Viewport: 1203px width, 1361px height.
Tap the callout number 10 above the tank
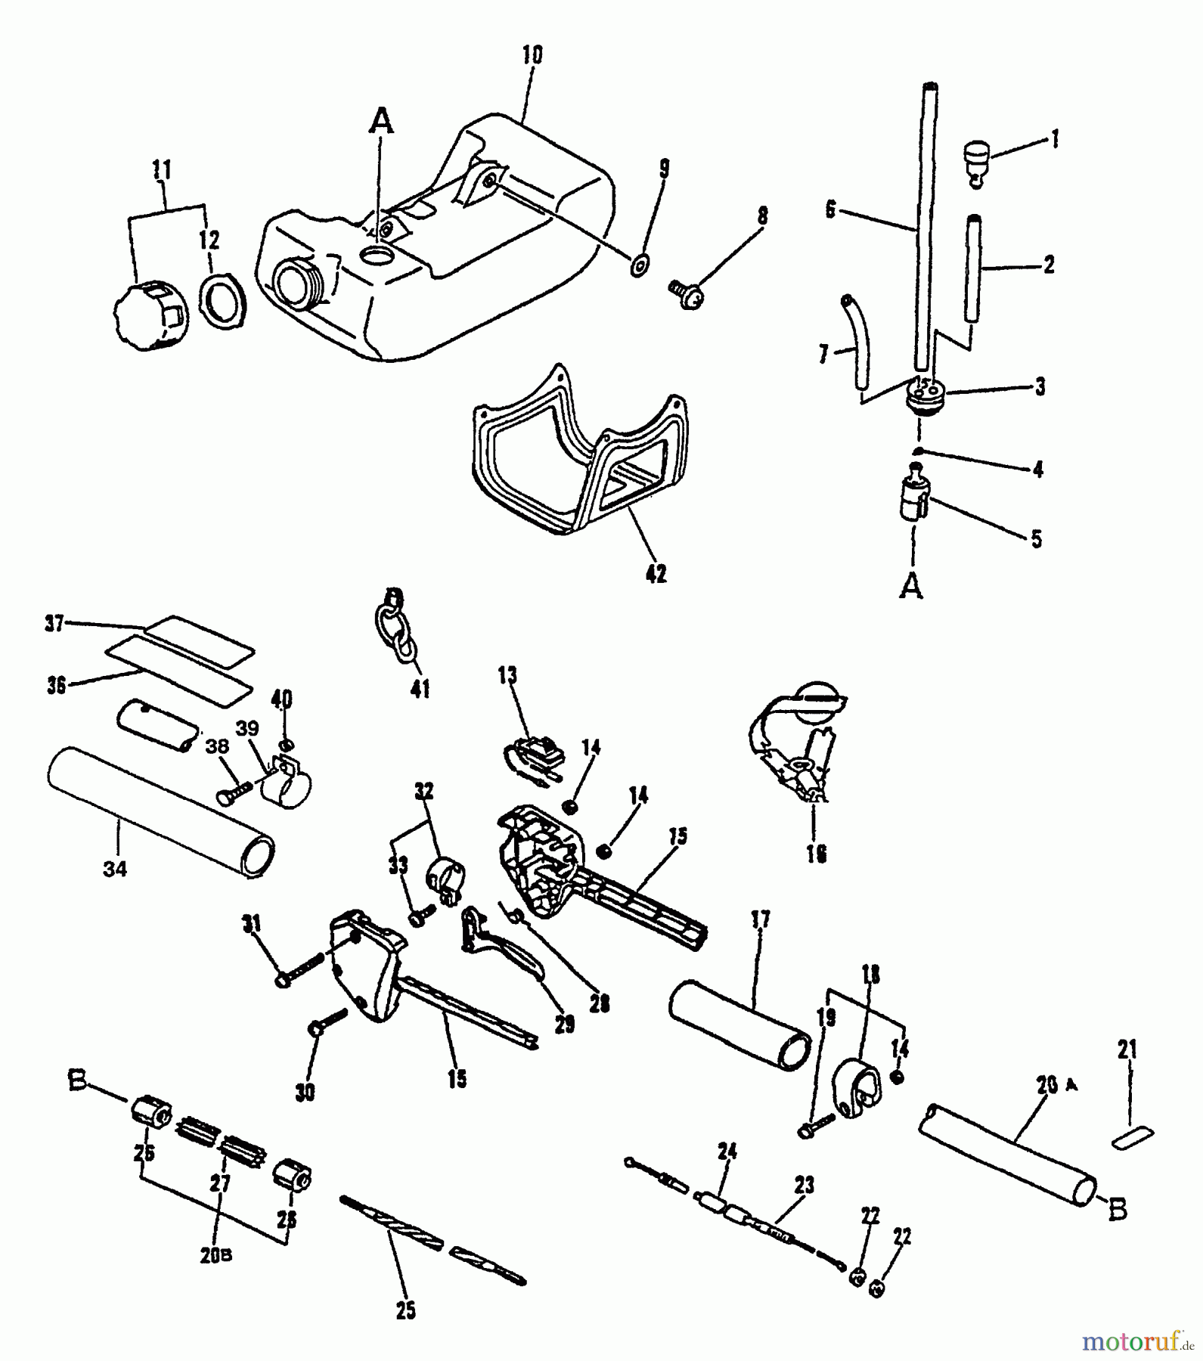point(532,56)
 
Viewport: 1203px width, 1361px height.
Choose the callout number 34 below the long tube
point(115,870)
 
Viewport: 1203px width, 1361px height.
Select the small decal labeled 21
point(1133,1137)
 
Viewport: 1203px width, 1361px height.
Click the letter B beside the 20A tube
point(1117,1210)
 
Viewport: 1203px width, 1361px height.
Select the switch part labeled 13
point(533,756)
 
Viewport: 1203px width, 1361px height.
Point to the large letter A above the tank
point(383,121)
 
